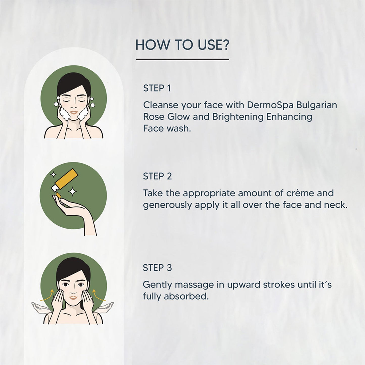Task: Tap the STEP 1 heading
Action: pyautogui.click(x=157, y=88)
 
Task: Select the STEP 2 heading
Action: pyautogui.click(x=157, y=176)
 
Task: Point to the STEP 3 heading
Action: pyautogui.click(x=157, y=268)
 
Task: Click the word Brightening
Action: pyautogui.click(x=238, y=117)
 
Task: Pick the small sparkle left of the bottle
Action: pyautogui.click(x=53, y=174)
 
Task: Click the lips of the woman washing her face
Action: pyautogui.click(x=74, y=112)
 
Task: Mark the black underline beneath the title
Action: pyautogui.click(x=182, y=59)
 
